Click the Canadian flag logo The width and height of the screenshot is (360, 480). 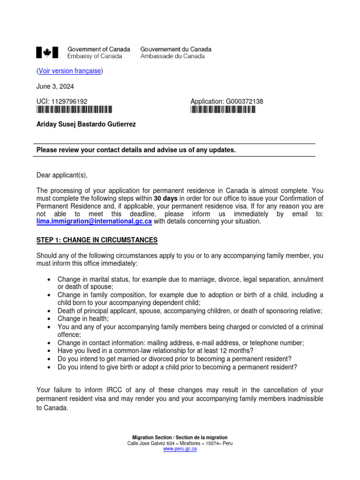47,52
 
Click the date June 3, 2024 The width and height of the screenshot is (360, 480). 55,86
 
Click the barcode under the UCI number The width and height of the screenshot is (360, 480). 75,110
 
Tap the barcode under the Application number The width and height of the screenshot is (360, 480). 223,110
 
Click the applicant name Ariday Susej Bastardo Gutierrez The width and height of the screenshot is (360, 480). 87,124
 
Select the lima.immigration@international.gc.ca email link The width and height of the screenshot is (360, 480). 94,221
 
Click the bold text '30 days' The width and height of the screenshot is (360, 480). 165,199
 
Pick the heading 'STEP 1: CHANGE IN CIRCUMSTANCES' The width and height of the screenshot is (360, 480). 97,240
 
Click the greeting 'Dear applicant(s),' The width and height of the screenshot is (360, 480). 62,175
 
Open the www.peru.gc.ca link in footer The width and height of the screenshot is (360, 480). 180,449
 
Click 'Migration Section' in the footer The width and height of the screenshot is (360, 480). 153,437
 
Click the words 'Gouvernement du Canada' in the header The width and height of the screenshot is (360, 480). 176,49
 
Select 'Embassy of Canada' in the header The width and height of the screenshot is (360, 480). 95,56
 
